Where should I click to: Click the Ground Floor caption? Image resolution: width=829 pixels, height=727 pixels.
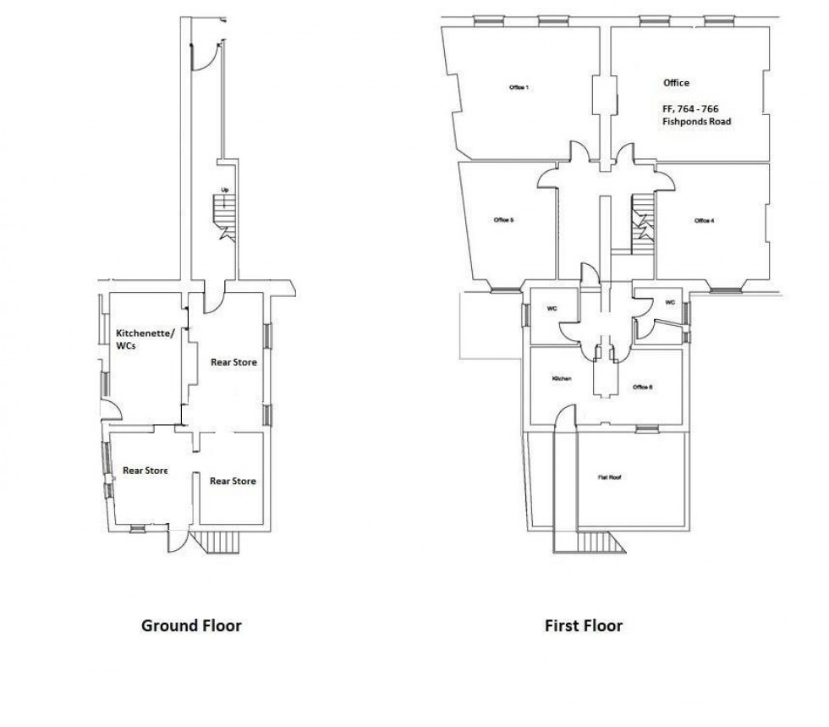pos(191,626)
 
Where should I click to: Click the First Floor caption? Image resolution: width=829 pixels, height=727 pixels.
pos(584,626)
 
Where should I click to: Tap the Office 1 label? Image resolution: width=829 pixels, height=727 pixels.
pos(519,88)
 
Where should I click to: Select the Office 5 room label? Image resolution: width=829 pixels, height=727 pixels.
pos(504,220)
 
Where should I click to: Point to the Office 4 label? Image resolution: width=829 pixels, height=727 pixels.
pos(704,221)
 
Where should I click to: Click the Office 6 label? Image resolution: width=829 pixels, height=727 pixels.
pos(642,388)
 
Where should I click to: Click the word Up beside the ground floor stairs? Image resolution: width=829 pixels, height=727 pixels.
pos(224,190)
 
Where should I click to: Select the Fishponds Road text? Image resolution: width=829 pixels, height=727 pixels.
pos(696,122)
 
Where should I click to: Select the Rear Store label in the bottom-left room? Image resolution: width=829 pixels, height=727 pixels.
pos(145,471)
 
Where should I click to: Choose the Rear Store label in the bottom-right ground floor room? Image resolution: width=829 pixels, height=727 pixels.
pos(233,481)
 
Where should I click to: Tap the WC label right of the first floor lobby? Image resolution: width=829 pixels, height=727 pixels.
pos(670,302)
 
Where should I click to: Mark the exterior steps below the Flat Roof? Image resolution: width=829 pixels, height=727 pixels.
pos(603,543)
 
